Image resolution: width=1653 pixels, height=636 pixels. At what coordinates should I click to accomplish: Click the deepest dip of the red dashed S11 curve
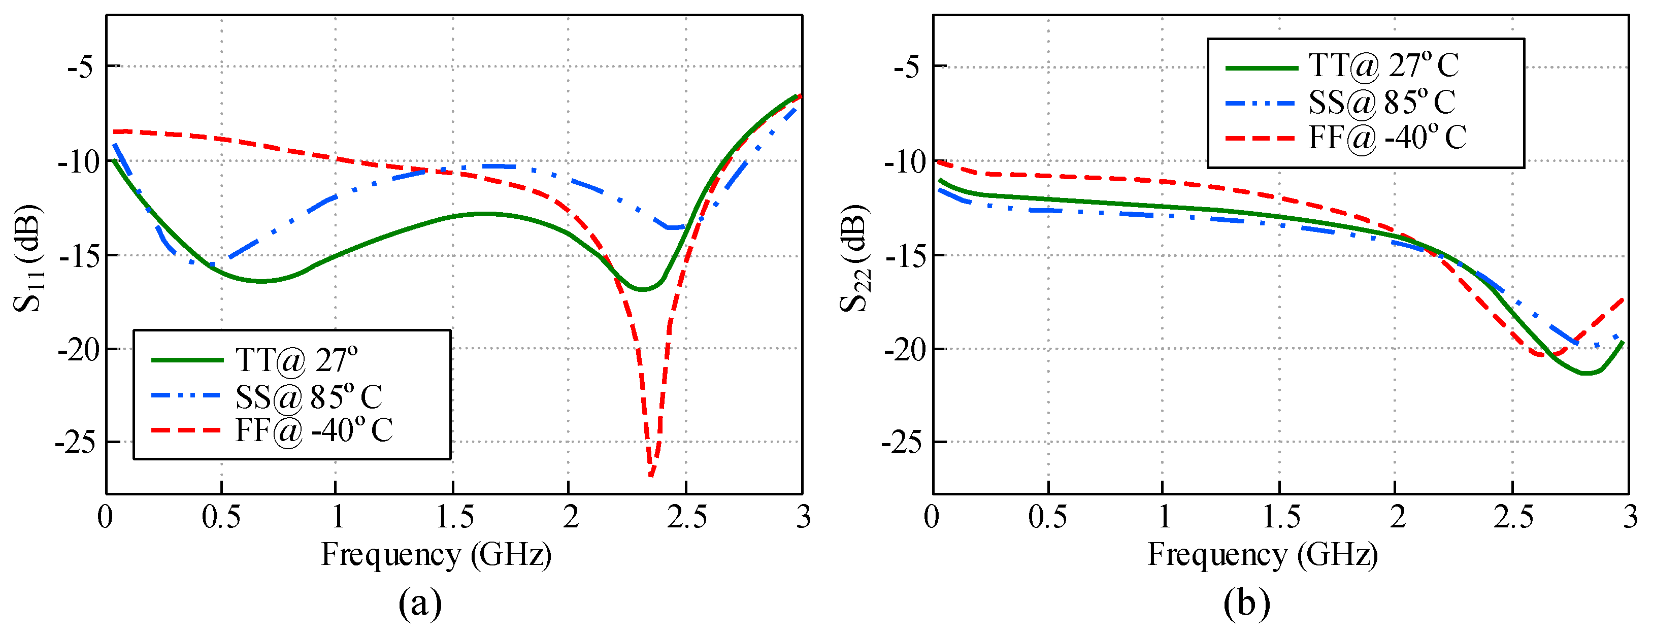click(651, 475)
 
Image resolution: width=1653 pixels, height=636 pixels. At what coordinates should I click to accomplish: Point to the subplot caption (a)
click(420, 604)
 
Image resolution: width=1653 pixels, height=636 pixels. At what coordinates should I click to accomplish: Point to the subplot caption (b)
click(1246, 604)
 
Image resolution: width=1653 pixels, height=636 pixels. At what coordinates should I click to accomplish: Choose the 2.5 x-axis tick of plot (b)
click(1513, 517)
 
